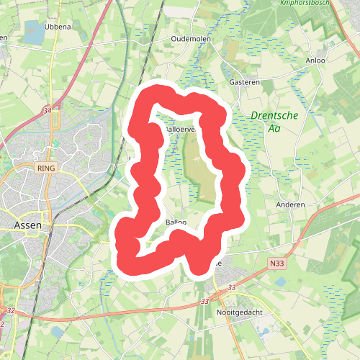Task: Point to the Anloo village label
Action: pyautogui.click(x=315, y=60)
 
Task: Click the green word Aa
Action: pyautogui.click(x=274, y=129)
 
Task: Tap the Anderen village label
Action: pyautogui.click(x=291, y=204)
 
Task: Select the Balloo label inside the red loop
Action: pyautogui.click(x=176, y=222)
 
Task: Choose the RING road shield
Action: pyautogui.click(x=45, y=168)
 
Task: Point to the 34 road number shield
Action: pyautogui.click(x=48, y=110)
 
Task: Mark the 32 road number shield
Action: pyautogui.click(x=10, y=310)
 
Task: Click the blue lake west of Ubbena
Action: pyautogui.click(x=34, y=30)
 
